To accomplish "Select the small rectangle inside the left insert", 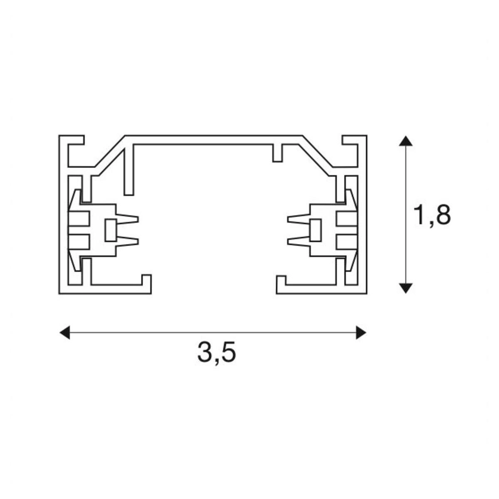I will tap(110, 230).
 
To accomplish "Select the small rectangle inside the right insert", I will tap(315, 230).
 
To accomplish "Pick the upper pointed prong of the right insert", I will tap(297, 219).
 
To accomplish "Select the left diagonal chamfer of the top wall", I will tap(109, 153).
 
